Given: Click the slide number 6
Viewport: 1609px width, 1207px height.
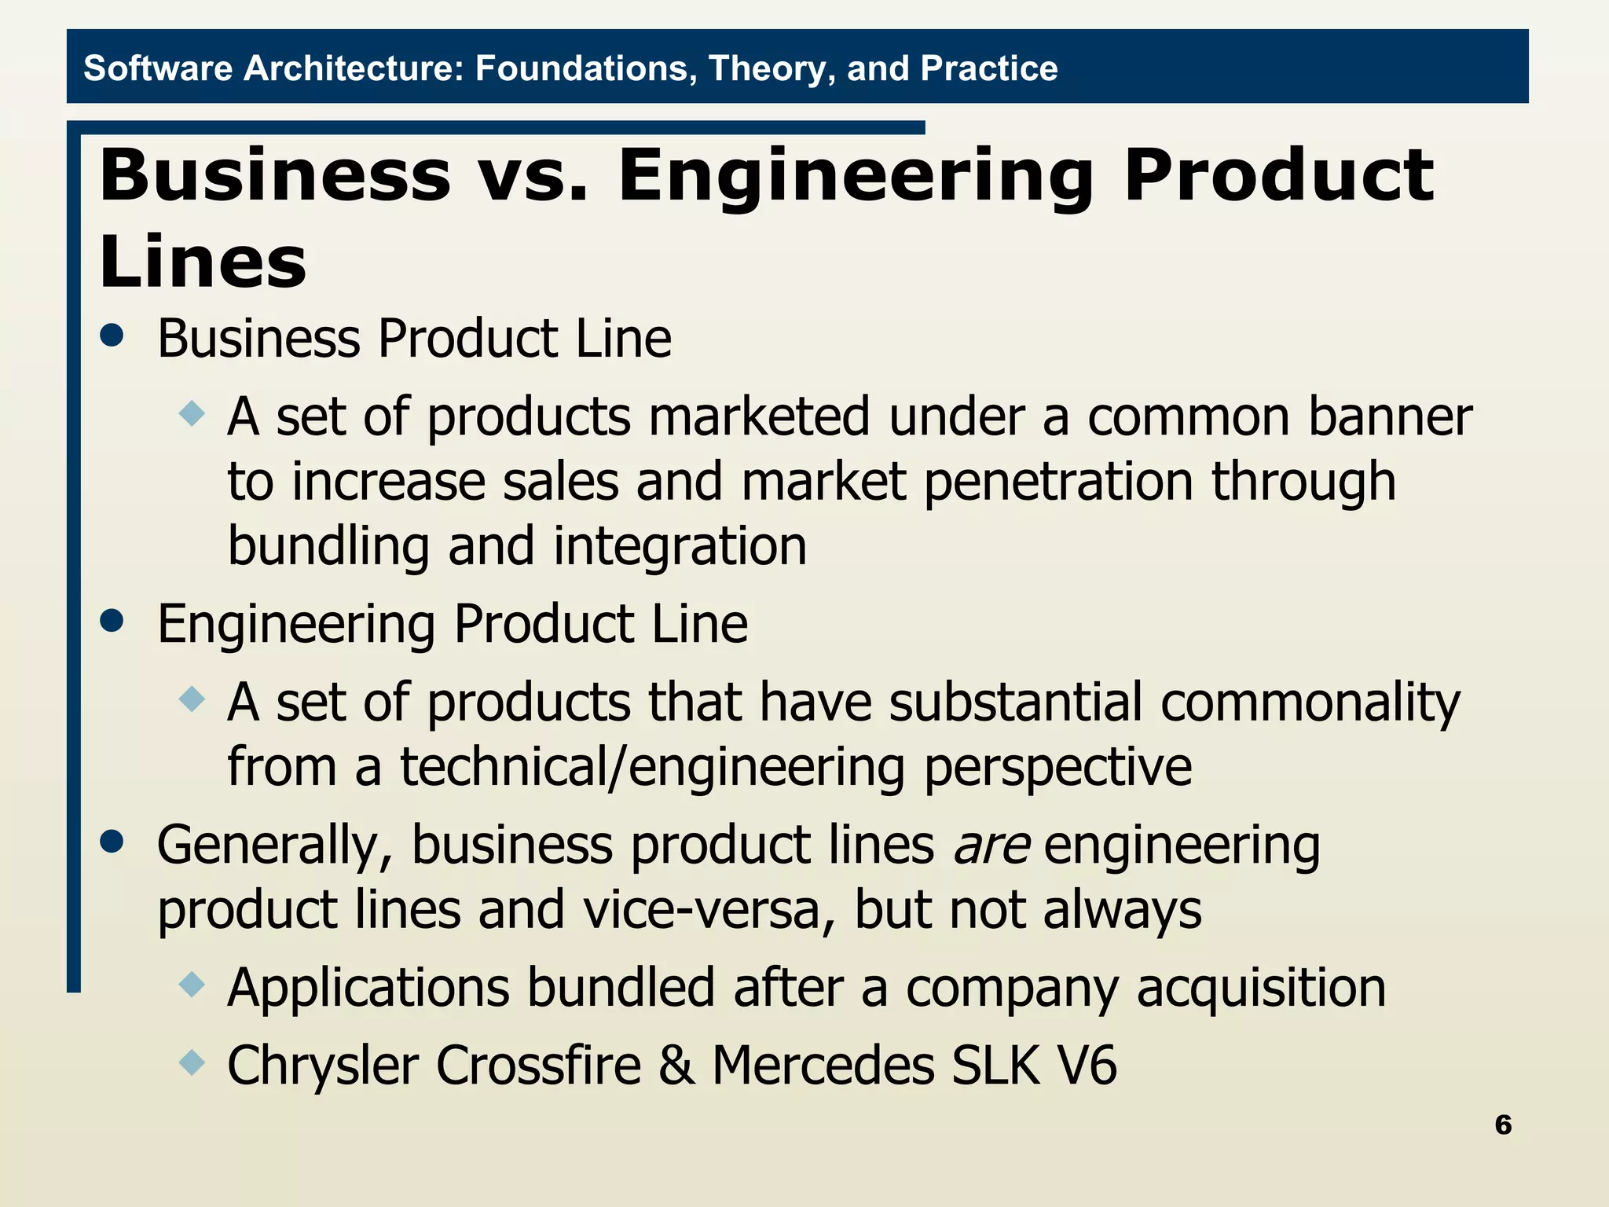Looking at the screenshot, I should coord(1503,1124).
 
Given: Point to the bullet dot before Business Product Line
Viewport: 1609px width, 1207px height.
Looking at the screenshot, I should coord(112,336).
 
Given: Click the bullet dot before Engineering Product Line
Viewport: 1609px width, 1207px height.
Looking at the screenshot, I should coord(112,621).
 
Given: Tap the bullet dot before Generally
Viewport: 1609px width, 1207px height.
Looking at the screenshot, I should coord(112,842).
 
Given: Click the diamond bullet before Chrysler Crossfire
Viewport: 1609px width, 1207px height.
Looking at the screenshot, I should coord(192,1064).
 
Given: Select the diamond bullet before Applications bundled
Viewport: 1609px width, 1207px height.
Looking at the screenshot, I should coord(192,984).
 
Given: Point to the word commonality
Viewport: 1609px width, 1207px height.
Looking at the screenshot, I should coord(1310,702).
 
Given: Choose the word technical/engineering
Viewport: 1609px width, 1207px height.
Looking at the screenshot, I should coord(653,767).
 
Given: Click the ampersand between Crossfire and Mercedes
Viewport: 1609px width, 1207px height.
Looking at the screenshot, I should coord(676,1066).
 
